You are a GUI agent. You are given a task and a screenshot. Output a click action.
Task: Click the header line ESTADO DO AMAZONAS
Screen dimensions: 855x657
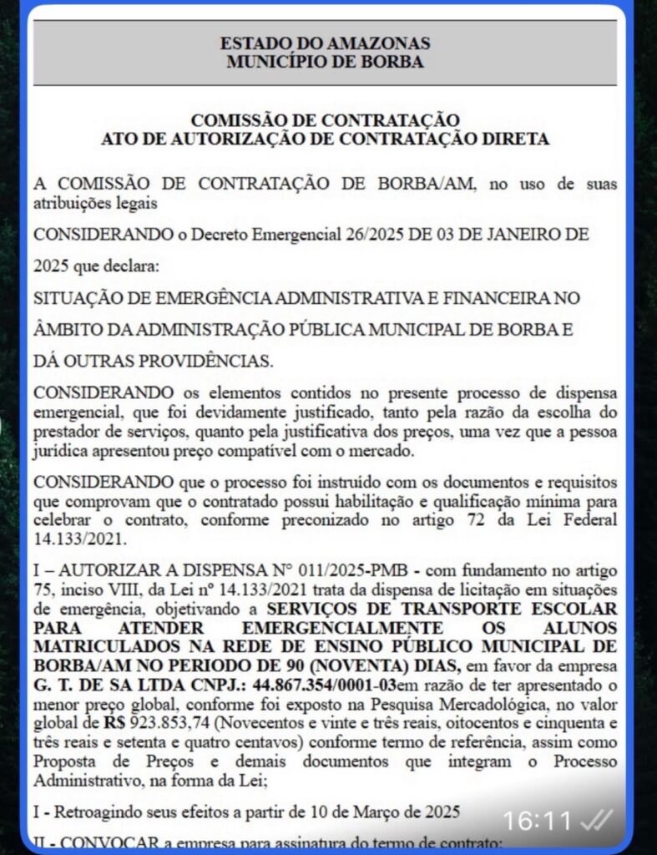(325, 43)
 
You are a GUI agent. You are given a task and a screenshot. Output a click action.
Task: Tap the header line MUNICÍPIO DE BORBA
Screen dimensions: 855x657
(325, 61)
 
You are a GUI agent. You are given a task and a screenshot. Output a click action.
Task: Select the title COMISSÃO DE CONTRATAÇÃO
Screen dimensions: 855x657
(325, 121)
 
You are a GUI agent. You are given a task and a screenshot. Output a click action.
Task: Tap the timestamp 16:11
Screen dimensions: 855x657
(537, 822)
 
